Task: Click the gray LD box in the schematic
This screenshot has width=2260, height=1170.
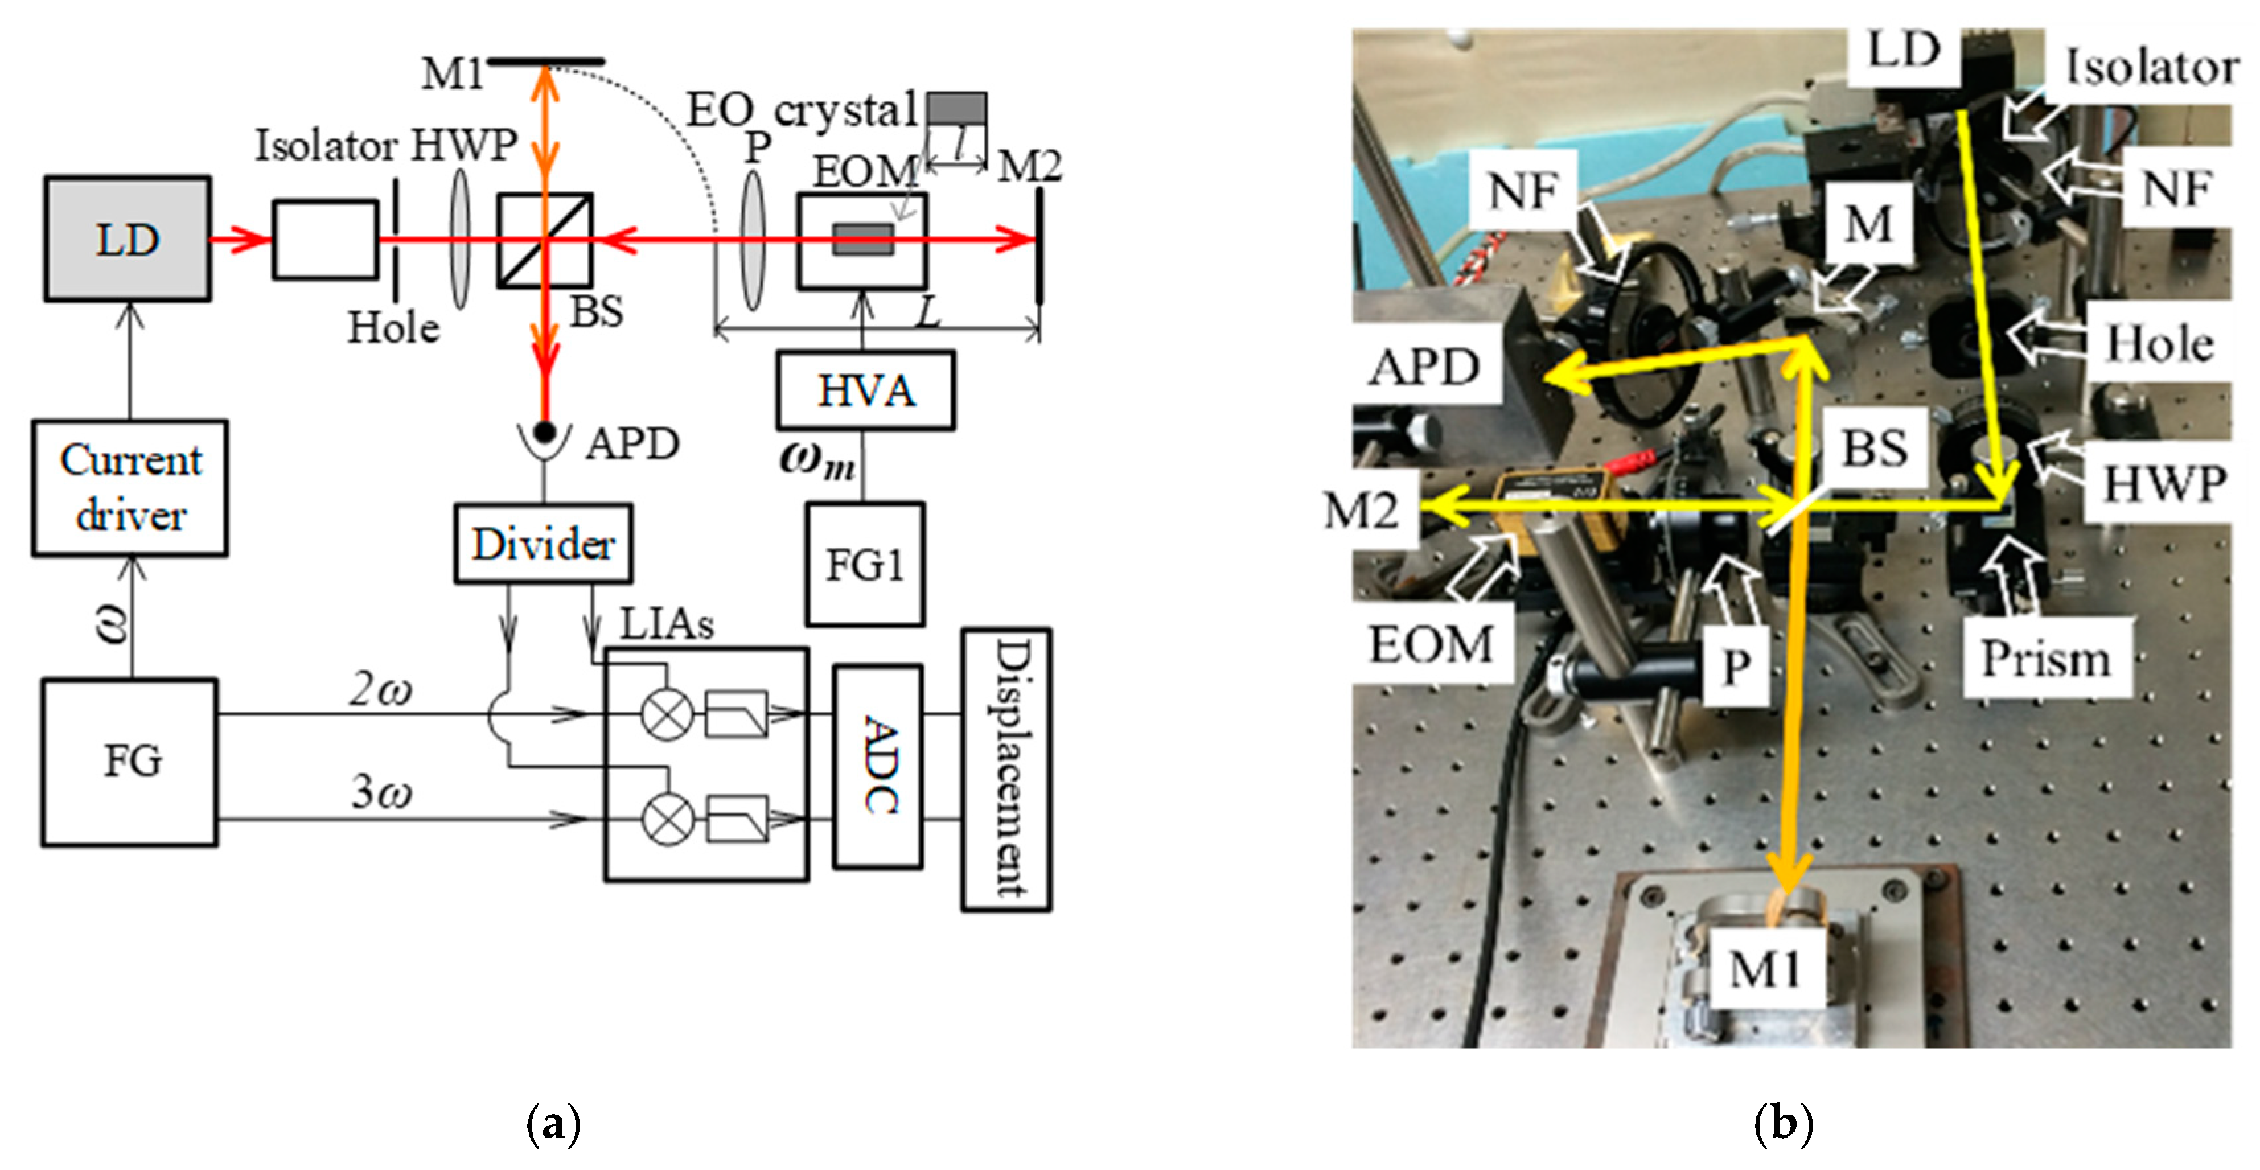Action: [128, 239]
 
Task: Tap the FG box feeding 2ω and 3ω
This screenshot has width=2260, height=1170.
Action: [130, 761]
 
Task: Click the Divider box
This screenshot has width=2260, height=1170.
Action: [543, 544]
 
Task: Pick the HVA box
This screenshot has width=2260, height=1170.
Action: [865, 390]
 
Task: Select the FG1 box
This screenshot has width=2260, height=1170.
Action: [864, 565]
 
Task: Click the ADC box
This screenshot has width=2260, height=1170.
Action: [878, 766]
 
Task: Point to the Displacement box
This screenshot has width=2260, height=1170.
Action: [1007, 768]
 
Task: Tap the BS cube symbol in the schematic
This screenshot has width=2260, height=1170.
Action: [545, 239]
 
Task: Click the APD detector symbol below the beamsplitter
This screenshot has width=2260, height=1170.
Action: [545, 436]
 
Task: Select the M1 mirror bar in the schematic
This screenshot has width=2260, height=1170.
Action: [546, 61]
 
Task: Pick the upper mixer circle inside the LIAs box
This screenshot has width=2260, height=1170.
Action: [667, 715]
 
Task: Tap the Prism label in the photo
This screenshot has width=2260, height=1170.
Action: [2046, 659]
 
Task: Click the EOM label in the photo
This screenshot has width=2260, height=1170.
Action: [1431, 645]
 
